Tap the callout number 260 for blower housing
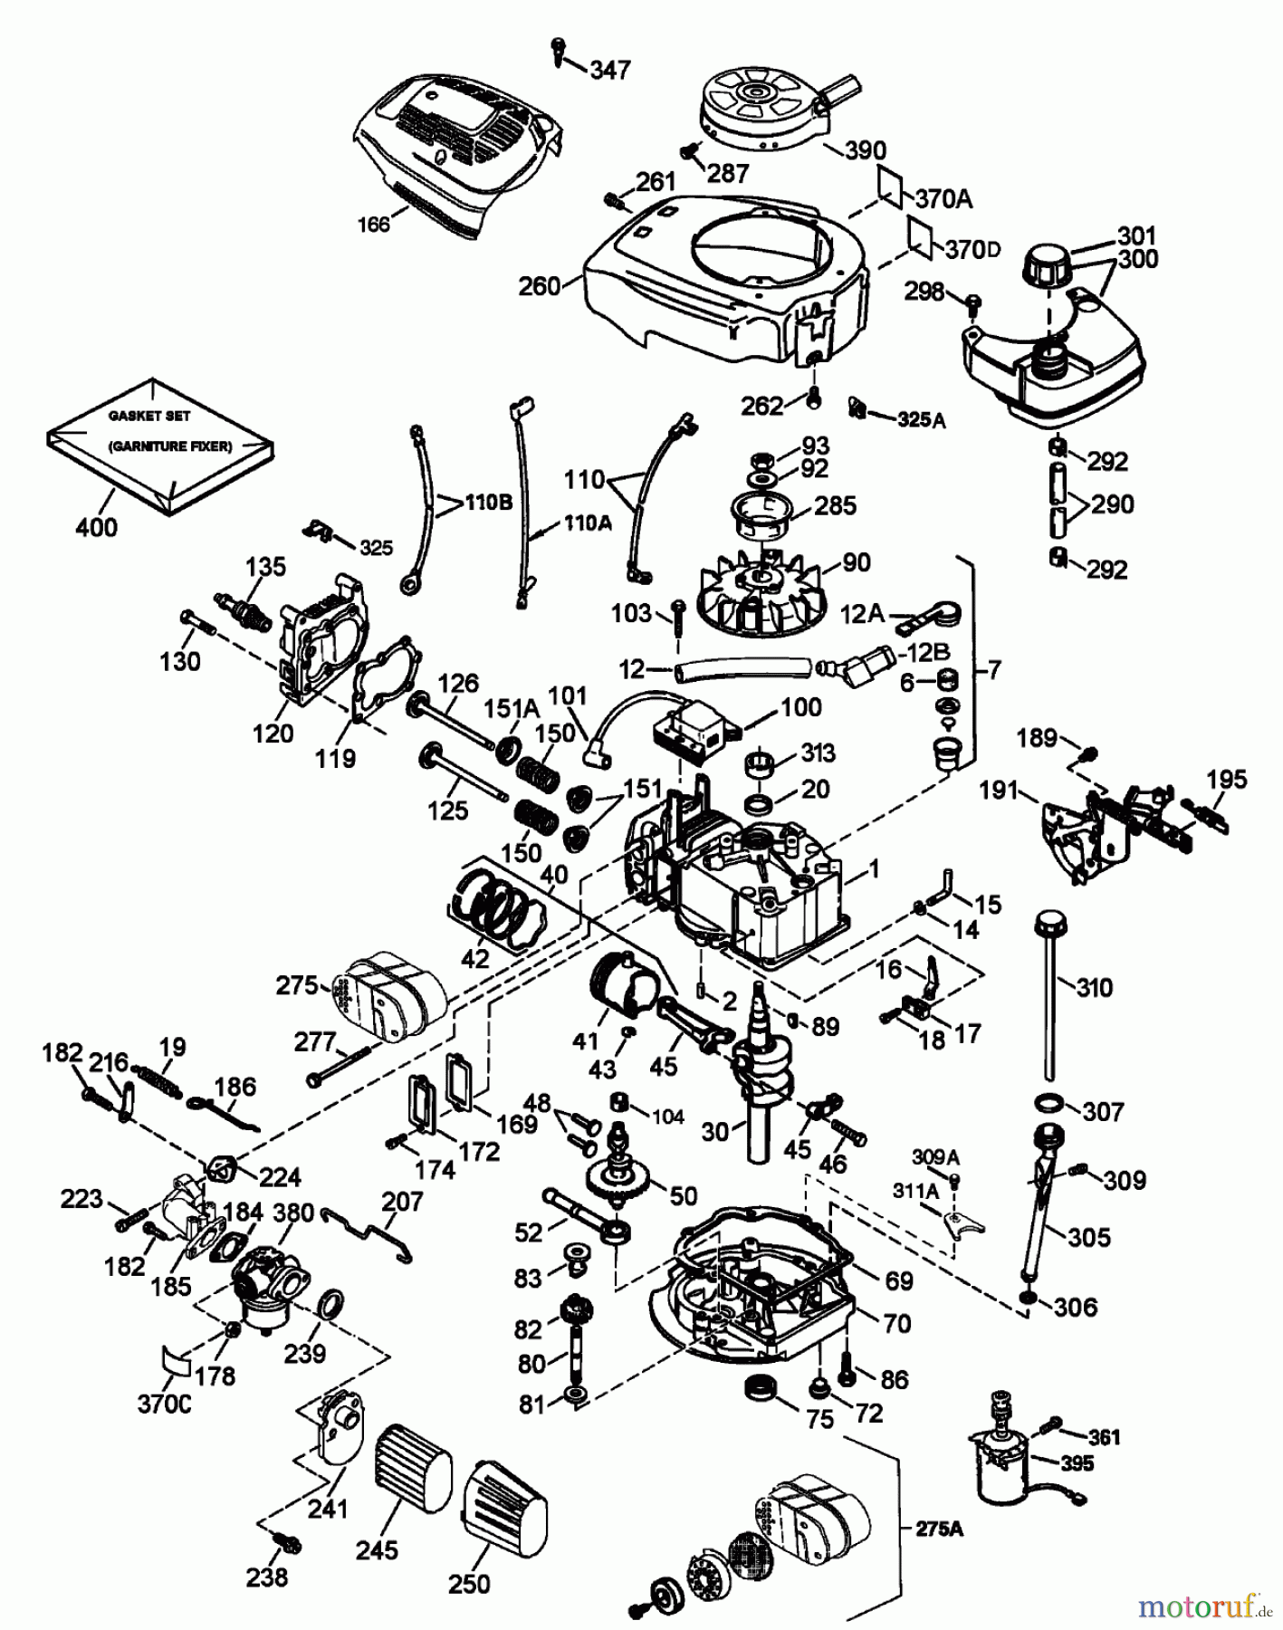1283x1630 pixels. tap(539, 287)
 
